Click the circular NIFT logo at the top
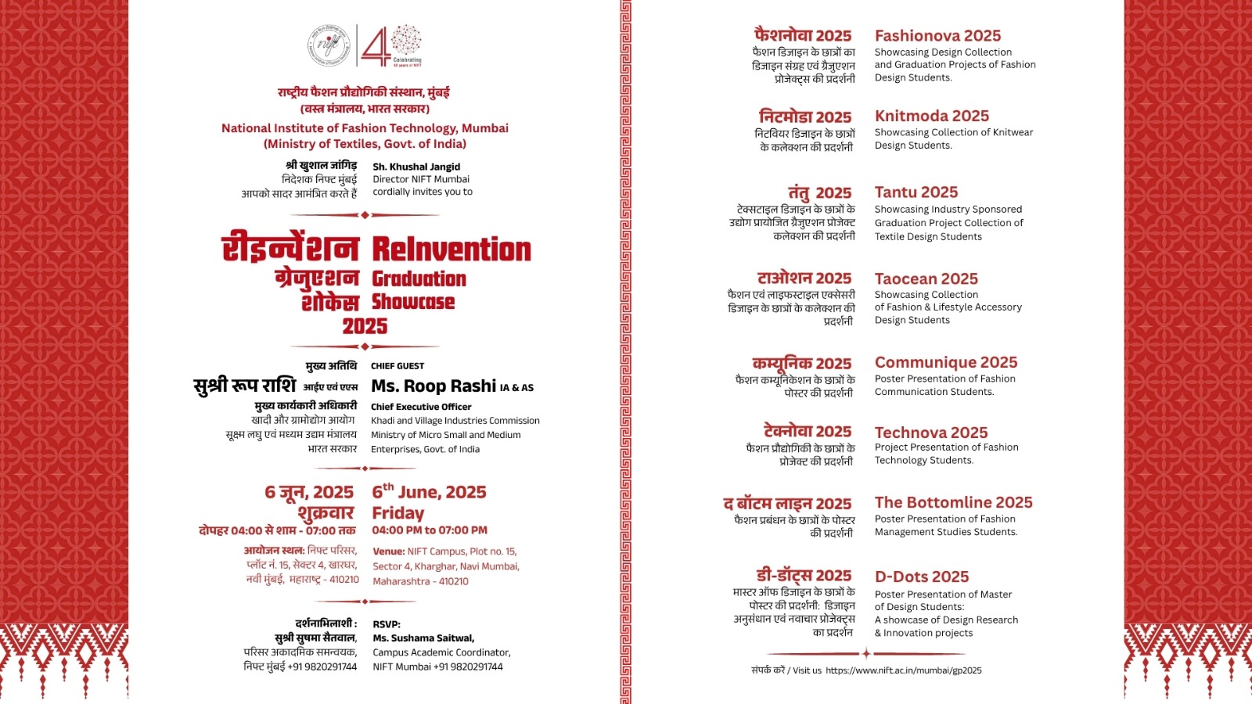pyautogui.click(x=329, y=46)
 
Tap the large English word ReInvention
pyautogui.click(x=452, y=250)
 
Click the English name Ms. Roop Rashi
pyautogui.click(x=434, y=386)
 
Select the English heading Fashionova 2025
pyautogui.click(x=937, y=35)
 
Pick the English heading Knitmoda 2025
pyautogui.click(x=931, y=116)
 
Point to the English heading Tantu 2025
pyautogui.click(x=916, y=192)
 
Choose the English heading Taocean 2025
pyautogui.click(x=926, y=278)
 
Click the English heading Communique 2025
pyautogui.click(x=945, y=362)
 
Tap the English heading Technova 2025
pyautogui.click(x=930, y=433)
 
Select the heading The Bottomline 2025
pyautogui.click(x=953, y=502)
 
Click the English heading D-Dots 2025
pyautogui.click(x=921, y=576)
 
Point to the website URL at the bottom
pyautogui.click(x=903, y=670)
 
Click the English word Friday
pyautogui.click(x=398, y=513)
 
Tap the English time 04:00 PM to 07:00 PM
pyautogui.click(x=429, y=530)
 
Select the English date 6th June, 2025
pyautogui.click(x=429, y=492)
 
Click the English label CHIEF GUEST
pyautogui.click(x=398, y=366)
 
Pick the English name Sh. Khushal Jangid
pyautogui.click(x=416, y=167)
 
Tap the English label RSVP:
pyautogui.click(x=387, y=624)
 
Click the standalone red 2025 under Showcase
pyautogui.click(x=365, y=326)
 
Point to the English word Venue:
pyautogui.click(x=388, y=551)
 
